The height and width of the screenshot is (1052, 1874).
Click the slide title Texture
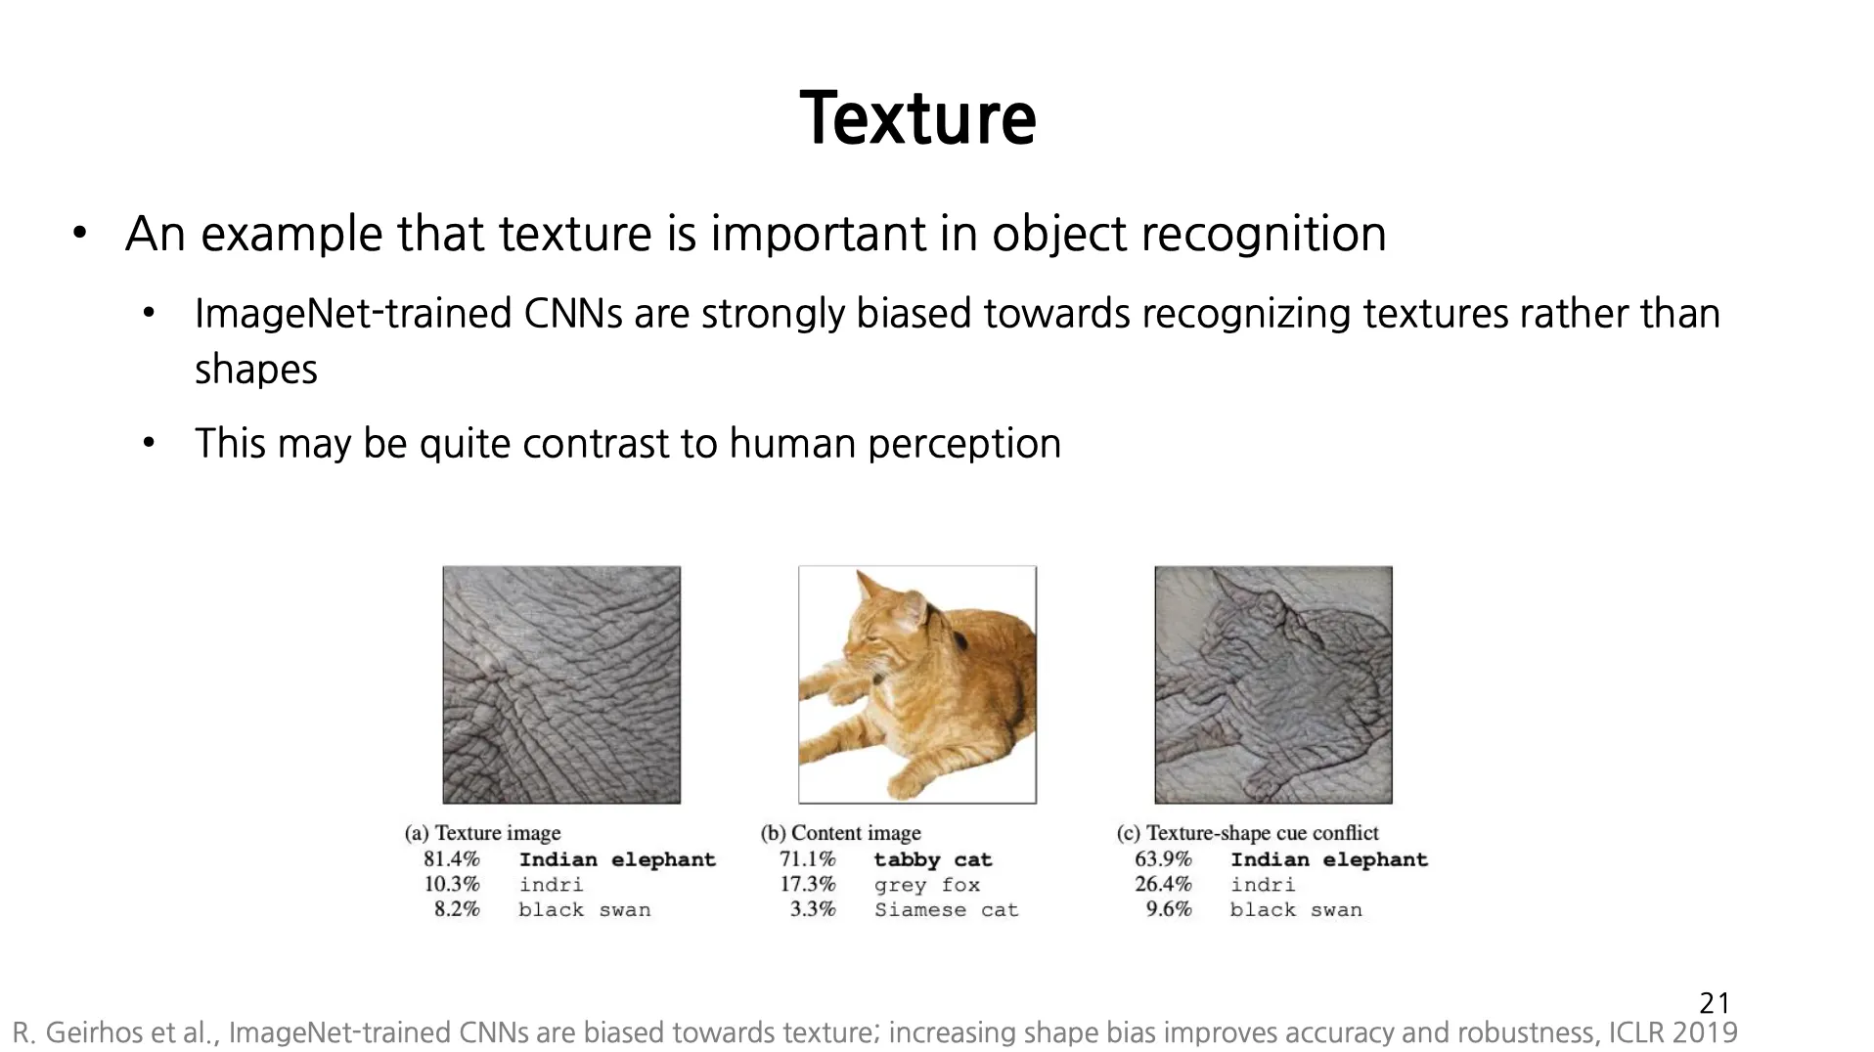pyautogui.click(x=917, y=118)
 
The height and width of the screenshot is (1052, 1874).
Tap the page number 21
pyautogui.click(x=1715, y=1003)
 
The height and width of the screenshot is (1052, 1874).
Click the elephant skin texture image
pyautogui.click(x=561, y=684)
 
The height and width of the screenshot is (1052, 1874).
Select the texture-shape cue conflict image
pyautogui.click(x=1273, y=684)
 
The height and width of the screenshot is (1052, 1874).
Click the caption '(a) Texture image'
pyautogui.click(x=483, y=833)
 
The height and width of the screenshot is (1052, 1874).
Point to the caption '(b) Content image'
pyautogui.click(x=841, y=833)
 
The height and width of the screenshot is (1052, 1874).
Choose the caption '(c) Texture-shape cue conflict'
pyautogui.click(x=1248, y=833)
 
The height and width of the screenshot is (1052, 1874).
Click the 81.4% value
pyautogui.click(x=452, y=859)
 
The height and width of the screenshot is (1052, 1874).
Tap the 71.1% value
pyautogui.click(x=808, y=859)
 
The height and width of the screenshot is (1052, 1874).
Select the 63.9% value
pyautogui.click(x=1164, y=859)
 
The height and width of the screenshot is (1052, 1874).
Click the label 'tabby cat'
pyautogui.click(x=933, y=860)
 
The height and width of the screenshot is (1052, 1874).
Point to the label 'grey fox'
pyautogui.click(x=927, y=886)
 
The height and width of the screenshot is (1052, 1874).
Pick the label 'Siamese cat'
pyautogui.click(x=947, y=910)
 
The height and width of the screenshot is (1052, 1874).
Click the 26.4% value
pyautogui.click(x=1164, y=885)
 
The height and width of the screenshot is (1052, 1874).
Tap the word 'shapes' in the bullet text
pyautogui.click(x=256, y=371)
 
